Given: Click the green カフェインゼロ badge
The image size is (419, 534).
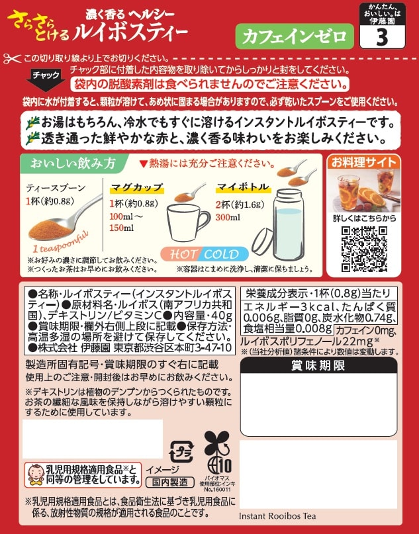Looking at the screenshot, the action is (x=295, y=36).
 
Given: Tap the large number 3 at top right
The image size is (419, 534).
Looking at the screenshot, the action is (x=382, y=37).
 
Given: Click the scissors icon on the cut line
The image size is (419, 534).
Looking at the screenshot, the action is (x=13, y=59).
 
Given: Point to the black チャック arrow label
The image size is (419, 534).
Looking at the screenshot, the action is (x=46, y=79).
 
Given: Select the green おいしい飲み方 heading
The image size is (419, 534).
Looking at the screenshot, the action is (x=73, y=163).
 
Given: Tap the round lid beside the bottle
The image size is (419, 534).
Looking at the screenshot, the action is (x=263, y=242).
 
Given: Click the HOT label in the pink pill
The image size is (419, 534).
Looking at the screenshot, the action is (x=183, y=254).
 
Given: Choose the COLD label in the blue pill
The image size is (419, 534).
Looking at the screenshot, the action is (x=222, y=254).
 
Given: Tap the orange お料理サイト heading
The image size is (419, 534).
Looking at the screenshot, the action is (x=364, y=162).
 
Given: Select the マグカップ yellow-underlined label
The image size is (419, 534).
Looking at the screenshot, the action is (x=137, y=188).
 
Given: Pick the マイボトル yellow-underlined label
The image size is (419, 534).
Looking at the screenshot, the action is (x=243, y=187).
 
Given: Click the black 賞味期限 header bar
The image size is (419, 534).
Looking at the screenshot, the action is (x=318, y=365).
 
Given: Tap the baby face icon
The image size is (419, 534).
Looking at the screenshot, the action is (x=36, y=474).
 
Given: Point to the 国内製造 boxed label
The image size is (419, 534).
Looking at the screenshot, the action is (x=169, y=482).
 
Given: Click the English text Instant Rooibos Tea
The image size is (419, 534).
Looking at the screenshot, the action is (x=277, y=516).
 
